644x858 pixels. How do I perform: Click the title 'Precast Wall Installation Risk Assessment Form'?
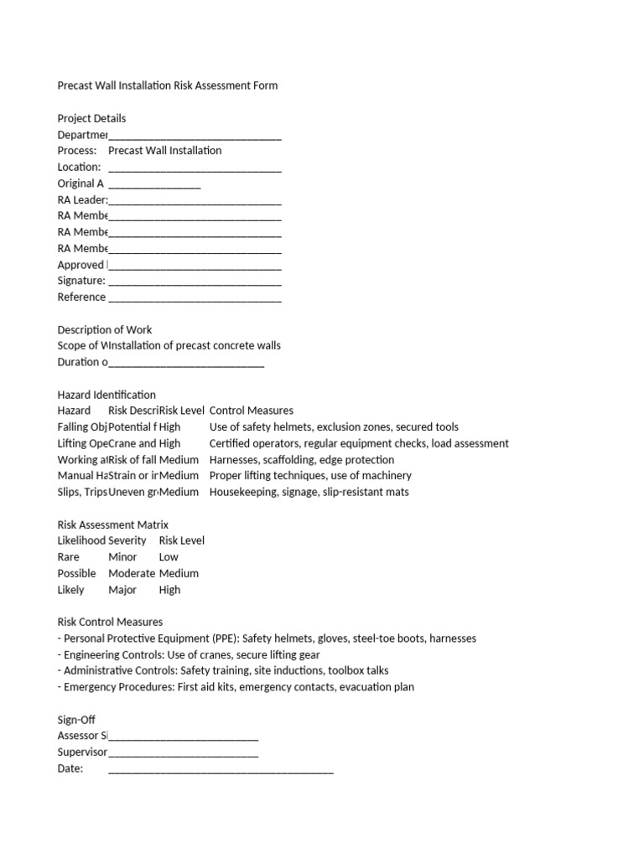pyautogui.click(x=167, y=85)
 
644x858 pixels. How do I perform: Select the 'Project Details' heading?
pyautogui.click(x=91, y=118)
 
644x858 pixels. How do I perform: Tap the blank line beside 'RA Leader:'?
pyautogui.click(x=195, y=201)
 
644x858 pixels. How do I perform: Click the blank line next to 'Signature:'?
pyautogui.click(x=195, y=282)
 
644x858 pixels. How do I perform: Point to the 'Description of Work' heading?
pyautogui.click(x=105, y=329)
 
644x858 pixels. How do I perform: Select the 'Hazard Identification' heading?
pyautogui.click(x=106, y=395)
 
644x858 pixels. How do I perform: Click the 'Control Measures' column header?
pyautogui.click(x=251, y=411)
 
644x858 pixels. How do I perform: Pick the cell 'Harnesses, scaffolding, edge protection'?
pyautogui.click(x=301, y=459)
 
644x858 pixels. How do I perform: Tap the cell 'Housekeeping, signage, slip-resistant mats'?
pyautogui.click(x=309, y=492)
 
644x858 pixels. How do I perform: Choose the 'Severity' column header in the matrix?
pyautogui.click(x=127, y=540)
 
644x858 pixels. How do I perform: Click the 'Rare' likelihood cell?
pyautogui.click(x=69, y=557)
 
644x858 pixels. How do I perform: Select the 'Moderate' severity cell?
pyautogui.click(x=132, y=573)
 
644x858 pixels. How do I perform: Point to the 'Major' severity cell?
pyautogui.click(x=122, y=590)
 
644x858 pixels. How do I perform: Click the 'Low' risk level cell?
pyautogui.click(x=169, y=557)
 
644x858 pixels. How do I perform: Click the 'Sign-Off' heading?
pyautogui.click(x=76, y=720)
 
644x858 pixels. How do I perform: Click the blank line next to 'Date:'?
pyautogui.click(x=221, y=770)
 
